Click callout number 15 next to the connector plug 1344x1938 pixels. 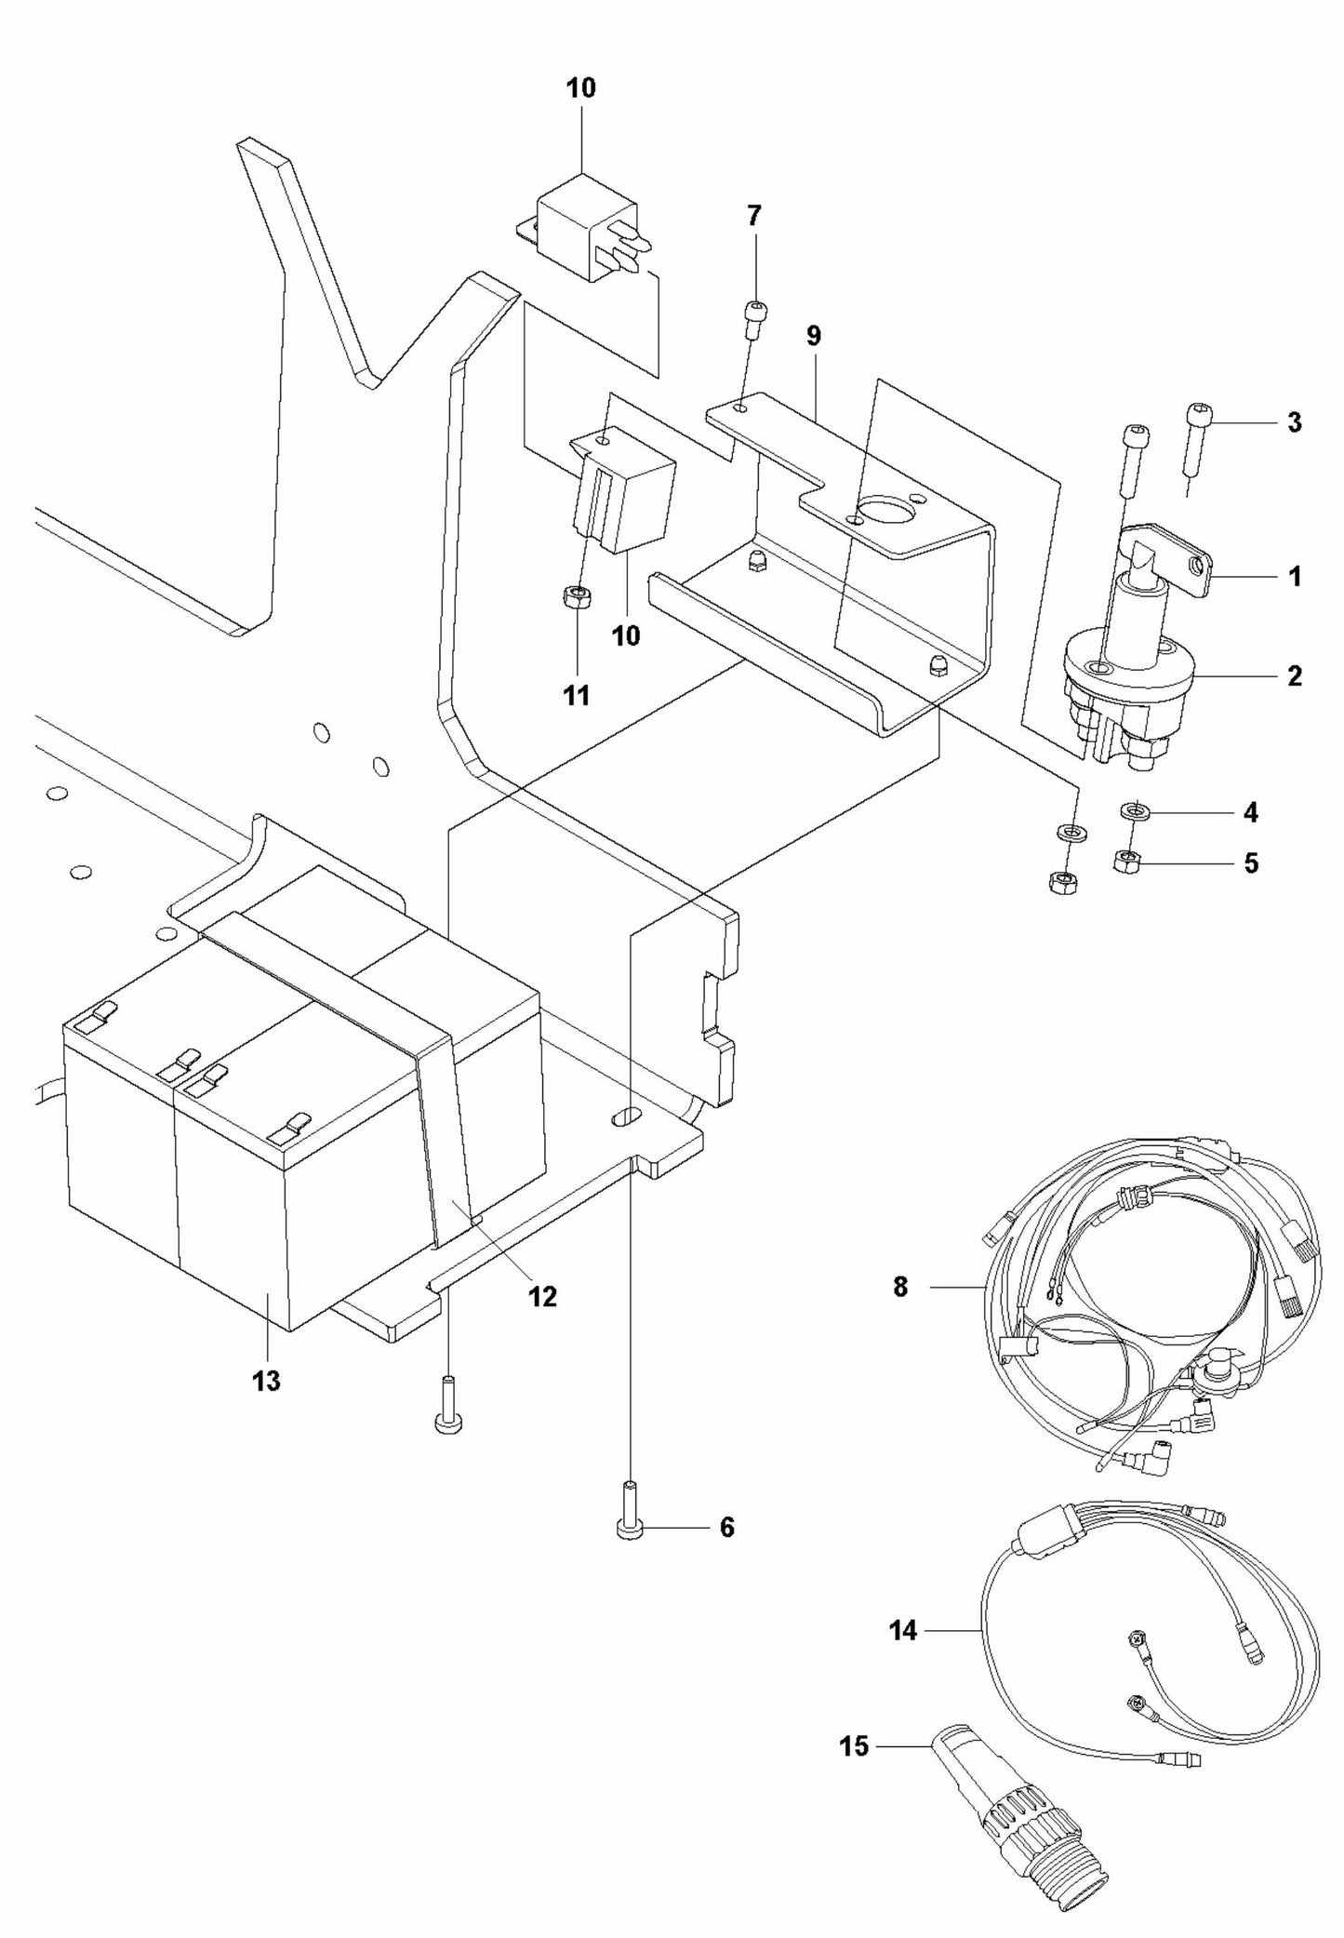click(853, 1745)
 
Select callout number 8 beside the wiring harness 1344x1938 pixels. click(899, 1289)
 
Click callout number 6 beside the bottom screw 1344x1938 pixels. click(726, 1527)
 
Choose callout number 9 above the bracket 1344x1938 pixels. click(814, 336)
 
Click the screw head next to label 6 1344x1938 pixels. click(628, 1528)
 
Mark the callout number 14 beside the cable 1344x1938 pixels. click(903, 1630)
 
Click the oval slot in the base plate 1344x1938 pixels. click(628, 1114)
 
